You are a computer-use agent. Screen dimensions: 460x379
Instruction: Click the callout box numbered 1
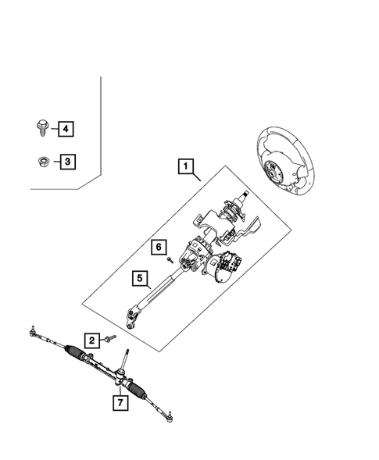point(185,166)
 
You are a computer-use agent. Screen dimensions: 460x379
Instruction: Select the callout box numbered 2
point(91,340)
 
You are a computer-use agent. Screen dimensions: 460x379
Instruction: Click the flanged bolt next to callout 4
point(41,126)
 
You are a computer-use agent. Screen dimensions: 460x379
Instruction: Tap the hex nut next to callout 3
point(41,162)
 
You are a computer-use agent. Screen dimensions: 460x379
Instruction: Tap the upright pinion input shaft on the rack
point(124,364)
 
